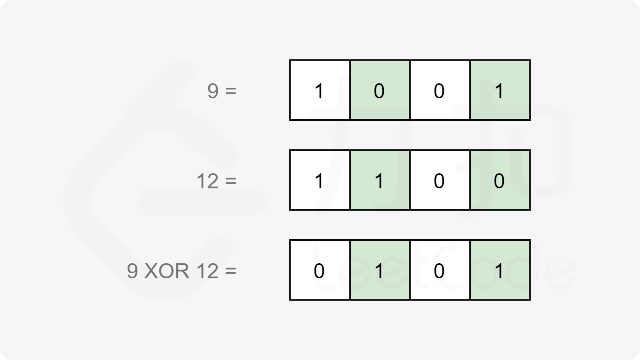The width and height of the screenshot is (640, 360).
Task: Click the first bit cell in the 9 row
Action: click(x=320, y=90)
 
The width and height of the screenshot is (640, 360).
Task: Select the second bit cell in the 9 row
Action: click(x=380, y=90)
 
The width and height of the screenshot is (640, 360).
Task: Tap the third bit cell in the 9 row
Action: click(x=440, y=90)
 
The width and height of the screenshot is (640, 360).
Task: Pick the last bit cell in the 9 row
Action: click(x=500, y=90)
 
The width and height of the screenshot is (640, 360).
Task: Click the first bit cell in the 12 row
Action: click(x=320, y=180)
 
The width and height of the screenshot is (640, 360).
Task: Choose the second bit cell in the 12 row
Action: click(x=380, y=180)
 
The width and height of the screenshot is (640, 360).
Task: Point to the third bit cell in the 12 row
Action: click(x=440, y=180)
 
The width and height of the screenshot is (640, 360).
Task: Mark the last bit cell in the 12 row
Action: click(x=500, y=180)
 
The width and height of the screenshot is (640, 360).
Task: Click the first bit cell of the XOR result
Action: click(x=320, y=270)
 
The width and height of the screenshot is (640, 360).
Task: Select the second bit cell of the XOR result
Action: click(x=380, y=270)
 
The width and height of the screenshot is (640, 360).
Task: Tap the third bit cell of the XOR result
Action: click(x=440, y=270)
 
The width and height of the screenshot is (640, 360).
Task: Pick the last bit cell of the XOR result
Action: click(x=500, y=270)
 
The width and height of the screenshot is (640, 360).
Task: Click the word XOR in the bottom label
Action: click(x=167, y=271)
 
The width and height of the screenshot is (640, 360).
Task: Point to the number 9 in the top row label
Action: click(x=213, y=91)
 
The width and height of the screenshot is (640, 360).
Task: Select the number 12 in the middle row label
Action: click(x=207, y=181)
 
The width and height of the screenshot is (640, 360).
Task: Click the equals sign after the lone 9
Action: click(x=231, y=91)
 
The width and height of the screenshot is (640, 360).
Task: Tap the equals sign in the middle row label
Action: click(x=231, y=181)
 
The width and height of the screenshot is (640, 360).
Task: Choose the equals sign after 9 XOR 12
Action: click(x=231, y=271)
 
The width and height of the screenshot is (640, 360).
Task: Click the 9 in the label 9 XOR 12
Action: click(x=132, y=271)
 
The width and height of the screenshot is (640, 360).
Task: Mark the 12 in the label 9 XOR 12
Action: click(x=207, y=271)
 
